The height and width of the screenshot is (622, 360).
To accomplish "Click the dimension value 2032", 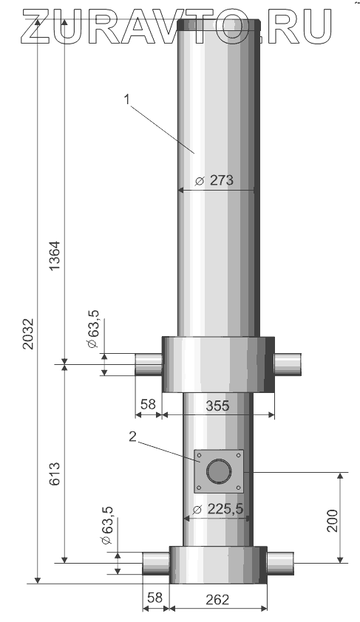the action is [x=28, y=333].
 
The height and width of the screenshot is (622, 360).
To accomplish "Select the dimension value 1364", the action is [x=54, y=256].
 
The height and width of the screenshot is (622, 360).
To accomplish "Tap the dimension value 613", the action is [x=54, y=473].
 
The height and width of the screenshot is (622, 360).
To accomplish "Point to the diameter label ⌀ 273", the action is [x=214, y=180].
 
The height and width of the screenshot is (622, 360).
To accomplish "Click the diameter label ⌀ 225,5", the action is [x=217, y=509].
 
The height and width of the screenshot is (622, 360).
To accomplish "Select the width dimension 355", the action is [x=217, y=406].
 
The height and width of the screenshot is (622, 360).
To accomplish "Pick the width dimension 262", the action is [x=217, y=599].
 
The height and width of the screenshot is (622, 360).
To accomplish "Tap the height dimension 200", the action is [x=331, y=520].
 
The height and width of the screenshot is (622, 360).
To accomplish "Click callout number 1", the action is [x=127, y=100].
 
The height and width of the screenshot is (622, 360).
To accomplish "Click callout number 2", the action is [x=132, y=437].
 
